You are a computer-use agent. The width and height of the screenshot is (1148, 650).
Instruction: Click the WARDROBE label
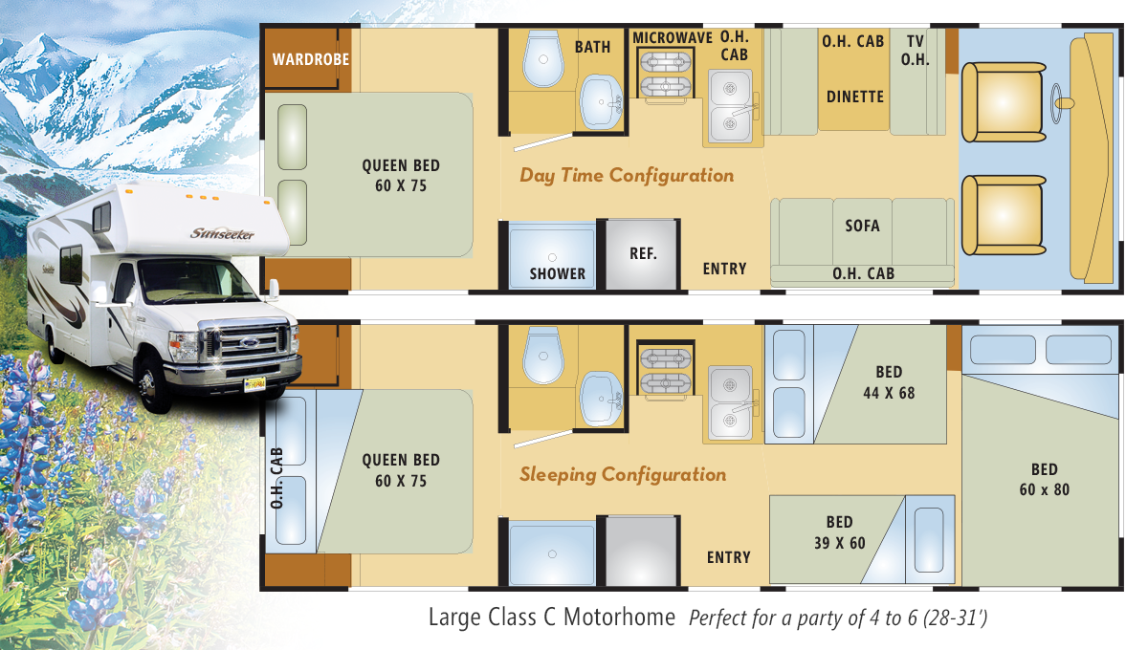[311, 59]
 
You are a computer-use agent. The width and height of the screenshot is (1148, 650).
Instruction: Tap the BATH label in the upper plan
[592, 47]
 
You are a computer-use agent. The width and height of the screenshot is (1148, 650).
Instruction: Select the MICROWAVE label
[673, 38]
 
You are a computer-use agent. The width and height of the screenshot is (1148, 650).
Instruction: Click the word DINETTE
[855, 97]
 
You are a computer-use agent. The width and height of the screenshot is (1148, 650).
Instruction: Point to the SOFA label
[863, 226]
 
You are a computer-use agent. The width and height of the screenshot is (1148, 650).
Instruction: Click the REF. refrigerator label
[643, 253]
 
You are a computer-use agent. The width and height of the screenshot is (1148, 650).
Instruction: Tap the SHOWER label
[558, 274]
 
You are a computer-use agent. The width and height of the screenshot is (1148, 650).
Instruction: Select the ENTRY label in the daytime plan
[725, 269]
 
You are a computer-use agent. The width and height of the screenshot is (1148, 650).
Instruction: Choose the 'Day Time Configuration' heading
[627, 176]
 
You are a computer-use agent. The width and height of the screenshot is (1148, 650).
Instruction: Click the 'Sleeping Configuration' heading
[623, 475]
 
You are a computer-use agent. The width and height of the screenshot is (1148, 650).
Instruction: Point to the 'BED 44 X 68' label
[889, 382]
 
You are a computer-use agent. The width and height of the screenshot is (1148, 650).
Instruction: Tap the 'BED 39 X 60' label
[840, 532]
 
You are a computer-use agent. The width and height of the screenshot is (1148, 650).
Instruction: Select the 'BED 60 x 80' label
[1045, 480]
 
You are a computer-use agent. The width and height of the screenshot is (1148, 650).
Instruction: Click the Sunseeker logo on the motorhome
[222, 233]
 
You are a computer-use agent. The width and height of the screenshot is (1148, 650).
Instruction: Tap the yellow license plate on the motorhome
[254, 383]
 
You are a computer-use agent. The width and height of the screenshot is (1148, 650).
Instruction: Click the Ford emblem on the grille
[250, 342]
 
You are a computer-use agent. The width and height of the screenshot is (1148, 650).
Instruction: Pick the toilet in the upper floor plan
[543, 58]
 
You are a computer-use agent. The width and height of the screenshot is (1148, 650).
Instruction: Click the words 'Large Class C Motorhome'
[552, 617]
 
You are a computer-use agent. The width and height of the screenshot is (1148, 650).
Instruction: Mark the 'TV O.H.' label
[916, 51]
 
